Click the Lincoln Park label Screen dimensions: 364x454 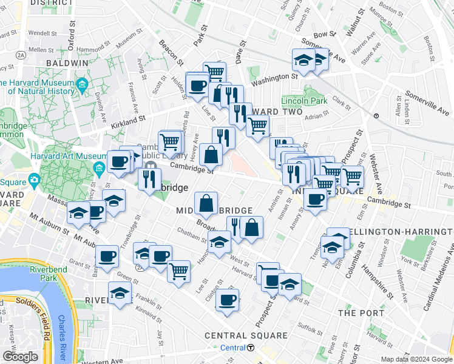point(304,100)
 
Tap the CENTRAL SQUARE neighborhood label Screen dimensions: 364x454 point(246,335)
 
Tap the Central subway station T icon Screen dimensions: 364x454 point(251,348)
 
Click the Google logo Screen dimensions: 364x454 point(19,357)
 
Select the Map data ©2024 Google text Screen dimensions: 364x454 point(416,359)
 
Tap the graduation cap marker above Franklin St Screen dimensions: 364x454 point(121,294)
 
